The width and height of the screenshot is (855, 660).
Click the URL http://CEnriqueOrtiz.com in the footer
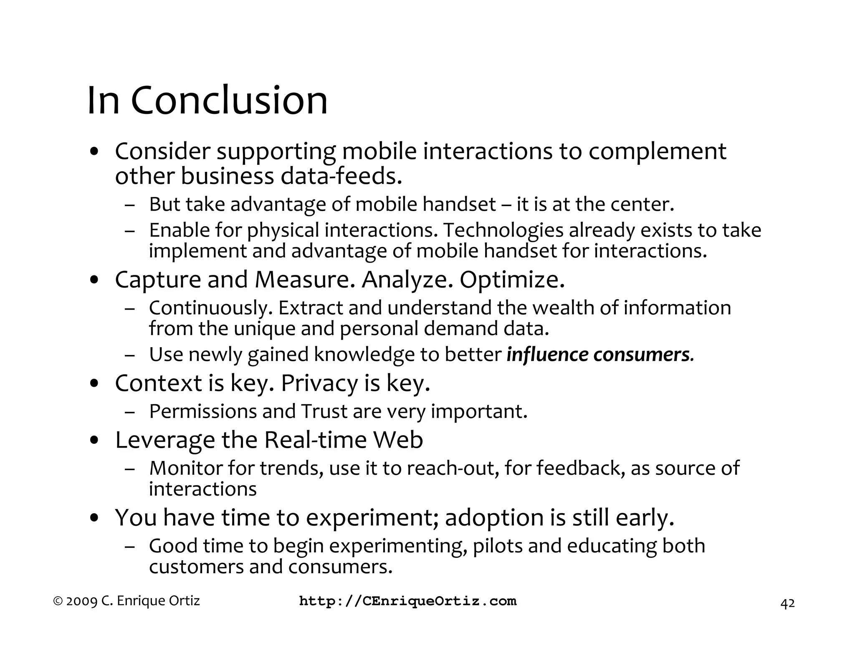[x=408, y=601]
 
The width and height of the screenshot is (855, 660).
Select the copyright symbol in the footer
[x=58, y=601]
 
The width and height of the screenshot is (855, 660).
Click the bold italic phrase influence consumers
[x=600, y=355]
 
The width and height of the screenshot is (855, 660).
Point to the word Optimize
[x=512, y=280]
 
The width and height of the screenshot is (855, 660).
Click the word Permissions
[x=203, y=412]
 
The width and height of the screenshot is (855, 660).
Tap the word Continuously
[x=211, y=308]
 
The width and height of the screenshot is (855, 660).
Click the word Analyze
[x=407, y=280]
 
